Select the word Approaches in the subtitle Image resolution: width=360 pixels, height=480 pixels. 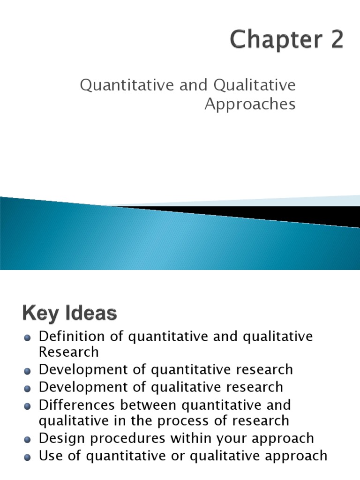pos(250,104)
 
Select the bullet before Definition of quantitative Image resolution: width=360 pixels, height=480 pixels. pos(28,337)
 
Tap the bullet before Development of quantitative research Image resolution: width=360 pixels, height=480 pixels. pos(28,371)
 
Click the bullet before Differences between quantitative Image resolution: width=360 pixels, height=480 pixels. pos(28,406)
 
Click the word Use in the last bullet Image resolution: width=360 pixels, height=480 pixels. pos(51,455)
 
